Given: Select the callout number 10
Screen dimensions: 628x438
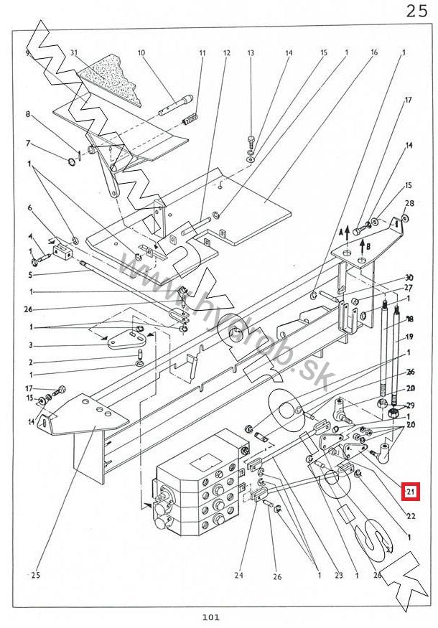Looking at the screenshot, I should click(141, 53).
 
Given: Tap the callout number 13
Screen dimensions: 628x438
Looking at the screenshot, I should click(251, 53).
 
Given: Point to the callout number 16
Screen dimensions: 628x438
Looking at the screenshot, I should click(374, 53).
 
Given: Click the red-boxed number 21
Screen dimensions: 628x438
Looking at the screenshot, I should click(411, 492).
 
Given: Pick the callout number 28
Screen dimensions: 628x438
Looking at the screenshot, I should click(410, 204).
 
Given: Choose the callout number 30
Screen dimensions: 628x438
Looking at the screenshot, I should click(409, 277).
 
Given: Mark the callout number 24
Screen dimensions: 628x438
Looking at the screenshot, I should click(239, 573).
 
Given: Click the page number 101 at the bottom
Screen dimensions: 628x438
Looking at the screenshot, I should click(210, 617).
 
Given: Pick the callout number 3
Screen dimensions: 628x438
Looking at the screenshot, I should click(30, 346).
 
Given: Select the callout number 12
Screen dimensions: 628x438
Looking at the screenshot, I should click(226, 53).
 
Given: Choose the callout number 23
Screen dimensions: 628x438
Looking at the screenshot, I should click(338, 573).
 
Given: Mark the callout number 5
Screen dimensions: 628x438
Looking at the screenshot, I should click(30, 274).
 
